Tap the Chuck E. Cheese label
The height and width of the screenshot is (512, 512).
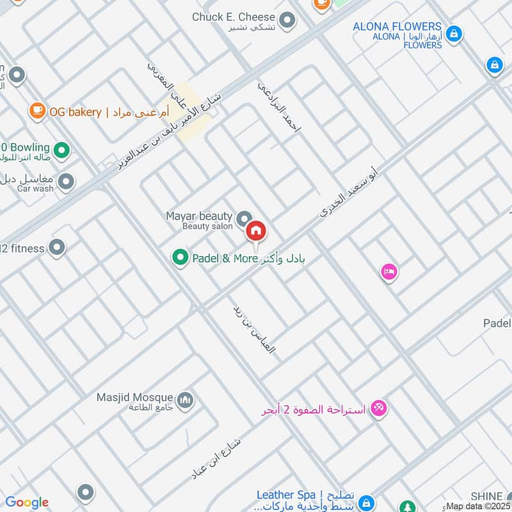234,17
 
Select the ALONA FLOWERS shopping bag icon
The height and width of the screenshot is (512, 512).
454,33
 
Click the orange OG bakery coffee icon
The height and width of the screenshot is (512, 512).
37,111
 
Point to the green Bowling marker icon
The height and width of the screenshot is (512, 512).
61,151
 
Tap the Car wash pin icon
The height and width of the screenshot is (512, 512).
65,183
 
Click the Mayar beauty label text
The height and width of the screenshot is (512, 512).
199,216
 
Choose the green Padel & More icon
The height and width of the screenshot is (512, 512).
179,258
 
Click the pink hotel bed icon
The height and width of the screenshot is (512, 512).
388,273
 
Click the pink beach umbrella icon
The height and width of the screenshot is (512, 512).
379,408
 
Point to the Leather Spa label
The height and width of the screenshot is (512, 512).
286,495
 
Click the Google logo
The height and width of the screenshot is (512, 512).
27,502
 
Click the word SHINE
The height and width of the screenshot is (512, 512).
486,497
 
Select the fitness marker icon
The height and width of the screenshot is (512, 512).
58,247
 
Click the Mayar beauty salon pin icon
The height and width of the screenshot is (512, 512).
243,220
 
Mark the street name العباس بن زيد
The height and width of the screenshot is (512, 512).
254,329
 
